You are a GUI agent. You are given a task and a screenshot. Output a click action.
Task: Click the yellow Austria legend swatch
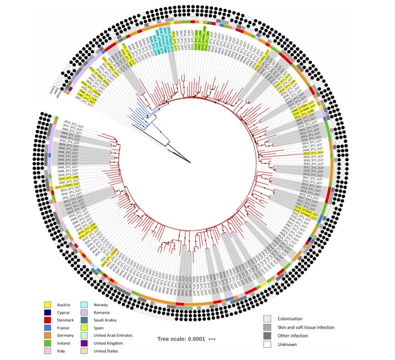click(x=47, y=305)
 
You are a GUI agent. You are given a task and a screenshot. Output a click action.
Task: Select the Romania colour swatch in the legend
click(x=86, y=312)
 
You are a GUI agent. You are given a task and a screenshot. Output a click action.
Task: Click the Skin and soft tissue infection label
click(x=306, y=327)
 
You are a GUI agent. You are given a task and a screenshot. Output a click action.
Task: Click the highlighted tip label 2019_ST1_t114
click(x=315, y=153)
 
